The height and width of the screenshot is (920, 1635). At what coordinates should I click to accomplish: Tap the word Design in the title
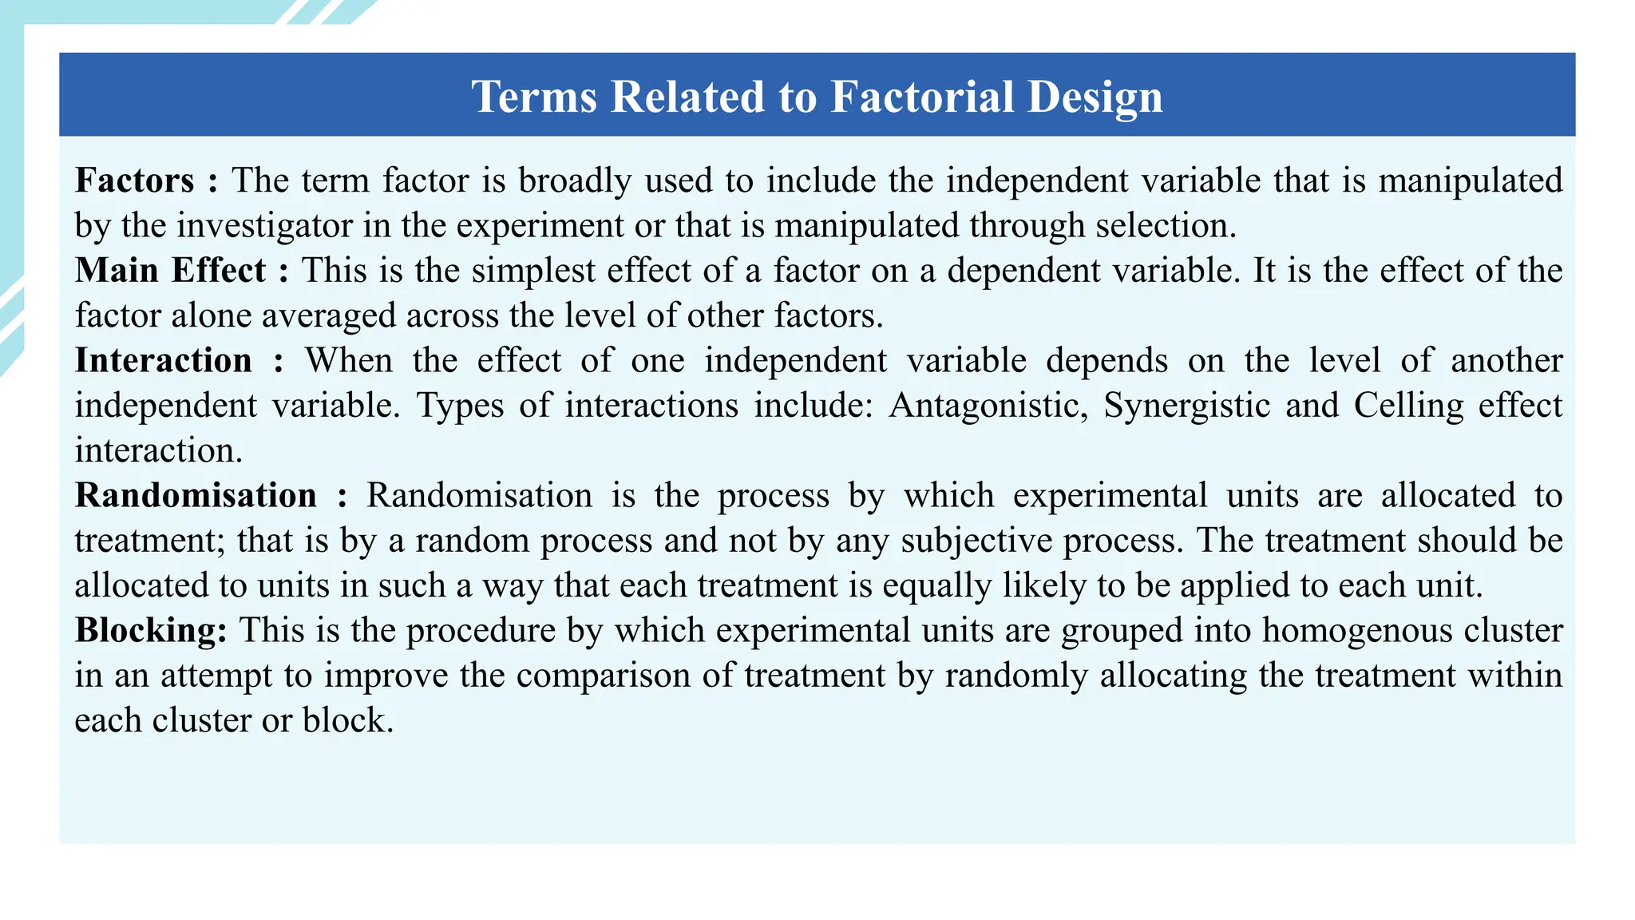click(1095, 97)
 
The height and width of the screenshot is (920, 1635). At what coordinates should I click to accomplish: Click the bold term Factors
click(134, 180)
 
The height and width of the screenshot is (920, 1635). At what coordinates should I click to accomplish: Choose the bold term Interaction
click(164, 360)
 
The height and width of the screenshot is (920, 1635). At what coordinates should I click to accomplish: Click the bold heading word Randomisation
click(196, 495)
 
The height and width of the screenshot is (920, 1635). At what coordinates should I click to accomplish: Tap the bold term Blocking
click(151, 630)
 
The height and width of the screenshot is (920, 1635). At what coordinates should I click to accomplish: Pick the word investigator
click(264, 226)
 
